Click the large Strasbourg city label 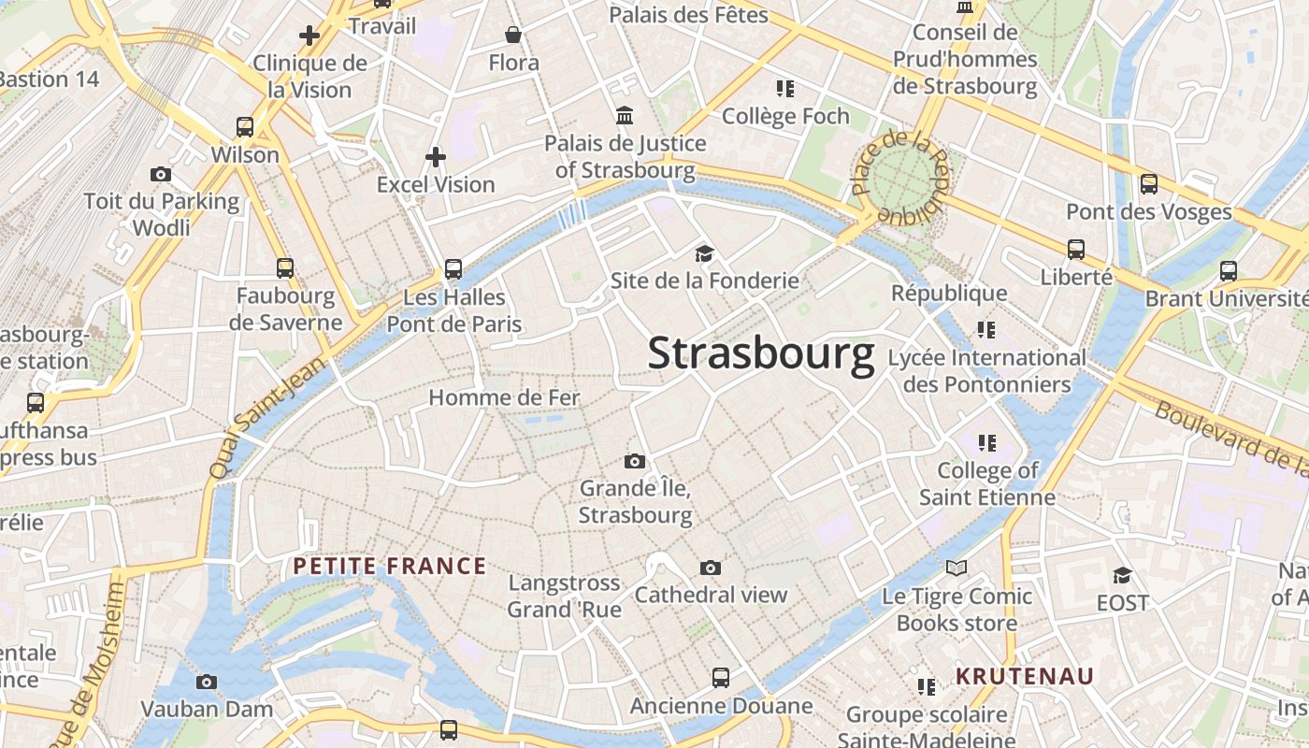(761, 354)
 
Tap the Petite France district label (389, 566)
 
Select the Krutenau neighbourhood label (1024, 676)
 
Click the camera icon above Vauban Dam (207, 682)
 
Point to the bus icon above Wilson (245, 126)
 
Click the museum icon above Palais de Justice (625, 115)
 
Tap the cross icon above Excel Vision (436, 156)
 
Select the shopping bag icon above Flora (513, 35)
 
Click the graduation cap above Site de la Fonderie (704, 252)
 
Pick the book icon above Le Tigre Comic (957, 568)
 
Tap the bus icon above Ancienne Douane (721, 677)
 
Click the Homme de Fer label (504, 397)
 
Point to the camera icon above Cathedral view (711, 567)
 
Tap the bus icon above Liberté (1076, 249)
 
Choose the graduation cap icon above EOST (1122, 574)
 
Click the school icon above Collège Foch (785, 88)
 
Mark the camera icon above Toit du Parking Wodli (161, 174)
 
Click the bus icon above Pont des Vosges (1149, 183)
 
